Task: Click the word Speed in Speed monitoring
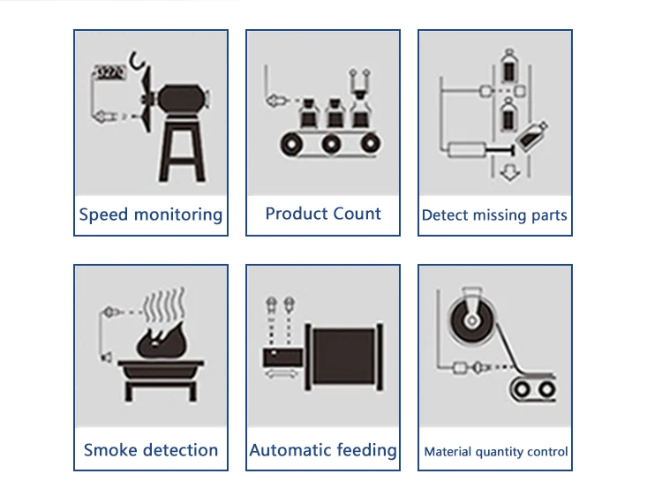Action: tap(103, 214)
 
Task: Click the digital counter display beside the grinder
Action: tap(111, 73)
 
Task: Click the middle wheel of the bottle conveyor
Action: tap(332, 143)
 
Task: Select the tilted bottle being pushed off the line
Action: tap(532, 138)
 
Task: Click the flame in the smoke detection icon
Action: tap(156, 337)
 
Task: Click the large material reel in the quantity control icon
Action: tap(471, 317)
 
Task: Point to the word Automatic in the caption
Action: tap(288, 450)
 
